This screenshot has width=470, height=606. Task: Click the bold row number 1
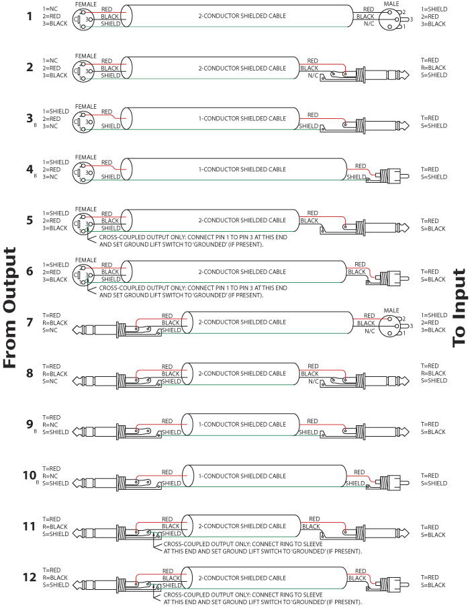click(29, 16)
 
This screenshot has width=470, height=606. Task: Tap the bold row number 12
click(29, 577)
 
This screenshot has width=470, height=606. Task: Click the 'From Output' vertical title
click(10, 308)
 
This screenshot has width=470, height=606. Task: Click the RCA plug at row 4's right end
click(389, 176)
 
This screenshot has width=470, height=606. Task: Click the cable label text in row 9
click(240, 424)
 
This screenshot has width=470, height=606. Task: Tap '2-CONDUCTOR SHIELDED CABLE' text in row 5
click(240, 220)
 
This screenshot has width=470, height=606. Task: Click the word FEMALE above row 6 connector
click(86, 260)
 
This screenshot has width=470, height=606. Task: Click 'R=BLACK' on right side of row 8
click(433, 373)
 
